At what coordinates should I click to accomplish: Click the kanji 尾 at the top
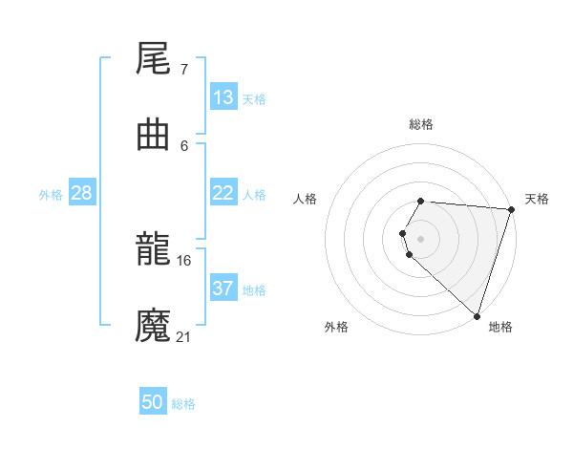click(153, 59)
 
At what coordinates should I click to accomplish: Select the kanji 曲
click(153, 135)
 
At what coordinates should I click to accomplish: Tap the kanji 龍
click(153, 248)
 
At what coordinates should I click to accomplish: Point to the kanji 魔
click(153, 324)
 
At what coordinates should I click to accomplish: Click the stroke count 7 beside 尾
click(183, 70)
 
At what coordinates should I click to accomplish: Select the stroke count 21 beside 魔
click(183, 335)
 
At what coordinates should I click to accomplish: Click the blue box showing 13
click(223, 97)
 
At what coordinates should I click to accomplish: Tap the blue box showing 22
click(223, 192)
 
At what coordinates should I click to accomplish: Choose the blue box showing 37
click(223, 288)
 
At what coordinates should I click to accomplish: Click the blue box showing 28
click(82, 193)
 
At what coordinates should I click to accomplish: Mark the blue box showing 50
click(153, 402)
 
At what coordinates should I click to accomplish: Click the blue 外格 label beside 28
click(51, 194)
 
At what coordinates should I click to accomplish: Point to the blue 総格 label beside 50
click(183, 404)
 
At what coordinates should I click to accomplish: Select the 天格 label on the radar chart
click(537, 199)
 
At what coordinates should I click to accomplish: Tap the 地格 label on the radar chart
click(500, 327)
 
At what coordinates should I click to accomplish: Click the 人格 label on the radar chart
click(306, 199)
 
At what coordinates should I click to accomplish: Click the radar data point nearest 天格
click(511, 209)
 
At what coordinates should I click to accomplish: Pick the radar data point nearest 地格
click(477, 316)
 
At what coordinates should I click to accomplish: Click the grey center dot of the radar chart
click(420, 238)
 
